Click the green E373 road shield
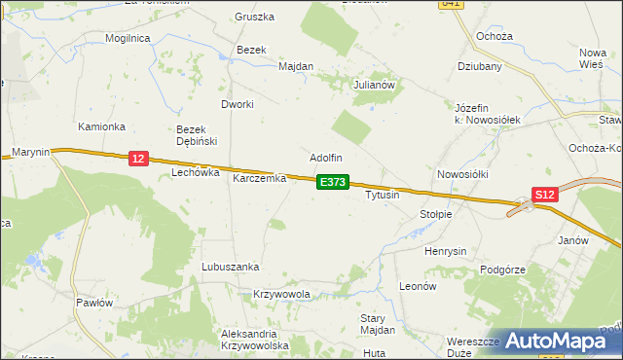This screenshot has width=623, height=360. click(x=332, y=182)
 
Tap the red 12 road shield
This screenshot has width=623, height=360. click(x=137, y=159)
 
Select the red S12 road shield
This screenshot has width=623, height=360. click(x=545, y=195)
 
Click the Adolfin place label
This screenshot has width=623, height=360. click(x=326, y=157)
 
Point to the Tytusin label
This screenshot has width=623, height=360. click(x=383, y=195)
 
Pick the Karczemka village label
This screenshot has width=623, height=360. click(x=259, y=179)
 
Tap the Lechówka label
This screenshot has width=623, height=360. click(x=192, y=172)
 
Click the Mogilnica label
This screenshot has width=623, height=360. click(x=132, y=38)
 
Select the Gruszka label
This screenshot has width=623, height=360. click(x=255, y=17)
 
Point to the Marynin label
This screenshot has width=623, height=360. click(x=31, y=151)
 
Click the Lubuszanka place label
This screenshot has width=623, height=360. click(x=230, y=266)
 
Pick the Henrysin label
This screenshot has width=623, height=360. click(x=448, y=251)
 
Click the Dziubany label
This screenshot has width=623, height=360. click(x=480, y=67)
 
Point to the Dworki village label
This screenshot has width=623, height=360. click(x=238, y=104)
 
